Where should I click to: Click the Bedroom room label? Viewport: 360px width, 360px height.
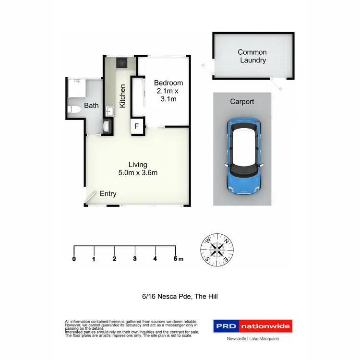coord(168,83)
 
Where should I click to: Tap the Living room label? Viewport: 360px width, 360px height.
coord(138,165)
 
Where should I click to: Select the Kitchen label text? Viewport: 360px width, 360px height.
coord(123,96)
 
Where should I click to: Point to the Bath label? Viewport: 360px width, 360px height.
coord(91,105)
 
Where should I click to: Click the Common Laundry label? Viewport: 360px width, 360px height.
coord(252,56)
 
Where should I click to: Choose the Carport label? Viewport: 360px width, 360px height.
coord(242,102)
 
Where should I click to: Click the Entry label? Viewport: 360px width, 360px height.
coord(108,194)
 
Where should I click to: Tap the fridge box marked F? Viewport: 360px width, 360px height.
coord(137,127)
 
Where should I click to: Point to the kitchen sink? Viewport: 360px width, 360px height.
coord(109,111)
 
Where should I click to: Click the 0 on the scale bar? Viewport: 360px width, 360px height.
coord(74,259)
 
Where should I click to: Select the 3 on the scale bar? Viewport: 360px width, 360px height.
coord(135,259)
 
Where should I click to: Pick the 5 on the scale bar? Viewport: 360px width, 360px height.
coord(176,259)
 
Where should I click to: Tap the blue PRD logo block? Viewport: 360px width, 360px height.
coord(226,326)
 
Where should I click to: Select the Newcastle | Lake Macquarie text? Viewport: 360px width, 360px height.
coord(252,339)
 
